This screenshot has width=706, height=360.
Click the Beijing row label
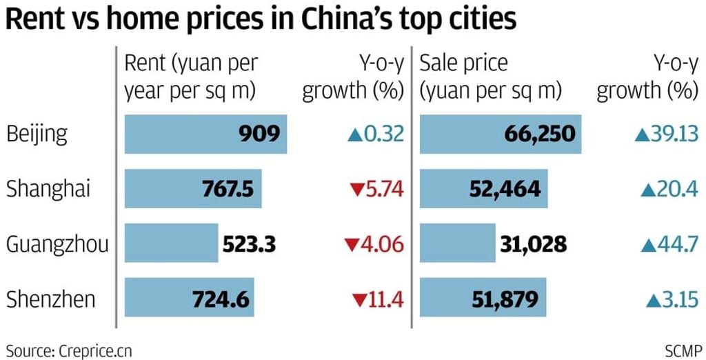[37, 134]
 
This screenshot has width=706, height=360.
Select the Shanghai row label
[48, 189]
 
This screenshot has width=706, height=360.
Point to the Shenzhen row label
[51, 299]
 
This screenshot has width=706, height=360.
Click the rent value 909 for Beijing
[260, 133]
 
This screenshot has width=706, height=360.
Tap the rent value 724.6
[220, 299]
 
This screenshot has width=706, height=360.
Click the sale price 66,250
[539, 133]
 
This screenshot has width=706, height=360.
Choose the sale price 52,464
[506, 189]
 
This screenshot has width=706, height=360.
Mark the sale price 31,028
[532, 244]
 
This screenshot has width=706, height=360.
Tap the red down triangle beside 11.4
[358, 300]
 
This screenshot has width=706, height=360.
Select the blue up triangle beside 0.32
[354, 134]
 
